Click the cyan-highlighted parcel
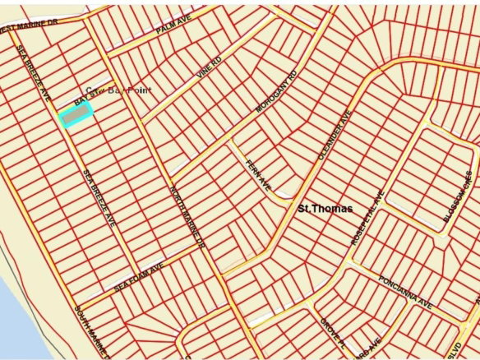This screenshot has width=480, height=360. pos(76,116)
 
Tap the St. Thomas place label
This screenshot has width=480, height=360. pos(325,209)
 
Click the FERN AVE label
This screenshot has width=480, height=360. pos(257,176)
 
